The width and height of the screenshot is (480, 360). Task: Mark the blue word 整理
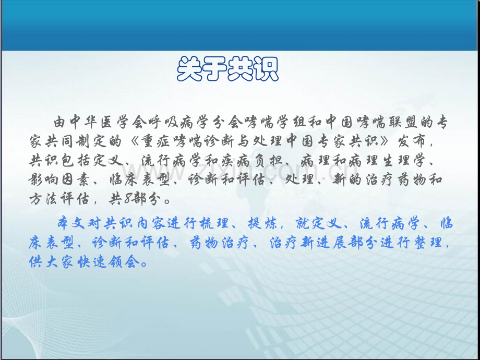click(x=427, y=243)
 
